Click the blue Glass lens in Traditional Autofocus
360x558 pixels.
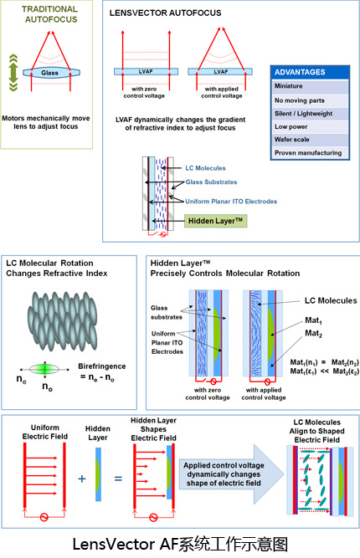tap(51, 73)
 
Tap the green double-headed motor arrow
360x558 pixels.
tap(13, 73)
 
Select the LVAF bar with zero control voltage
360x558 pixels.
tap(146, 72)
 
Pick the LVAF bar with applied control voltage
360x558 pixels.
tap(220, 72)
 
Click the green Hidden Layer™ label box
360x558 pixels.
tap(215, 221)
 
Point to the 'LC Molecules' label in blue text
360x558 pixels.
tap(205, 168)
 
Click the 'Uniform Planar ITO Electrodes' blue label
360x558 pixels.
tap(231, 202)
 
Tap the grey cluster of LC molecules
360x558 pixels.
tap(62, 320)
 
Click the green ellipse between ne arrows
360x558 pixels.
tap(44, 370)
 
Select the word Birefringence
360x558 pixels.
tap(102, 366)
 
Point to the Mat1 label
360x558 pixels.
tap(313, 320)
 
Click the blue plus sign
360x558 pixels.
tap(82, 479)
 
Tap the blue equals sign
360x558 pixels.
tap(118, 479)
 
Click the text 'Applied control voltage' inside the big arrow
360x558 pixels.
tap(224, 465)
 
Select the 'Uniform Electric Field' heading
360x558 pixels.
tap(45, 432)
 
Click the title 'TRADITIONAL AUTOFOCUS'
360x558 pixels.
tap(50, 14)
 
